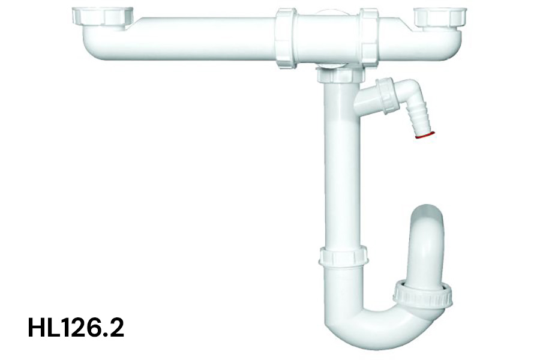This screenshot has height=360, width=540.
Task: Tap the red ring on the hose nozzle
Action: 425,135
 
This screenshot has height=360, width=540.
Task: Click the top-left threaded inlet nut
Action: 103,17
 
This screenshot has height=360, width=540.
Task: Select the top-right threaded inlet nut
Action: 440,17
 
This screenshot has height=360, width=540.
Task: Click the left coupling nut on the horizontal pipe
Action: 286,38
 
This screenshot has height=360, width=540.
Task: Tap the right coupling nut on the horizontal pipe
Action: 369,38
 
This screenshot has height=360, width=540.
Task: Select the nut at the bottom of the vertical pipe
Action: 343,256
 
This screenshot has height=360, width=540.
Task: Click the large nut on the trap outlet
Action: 423,295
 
